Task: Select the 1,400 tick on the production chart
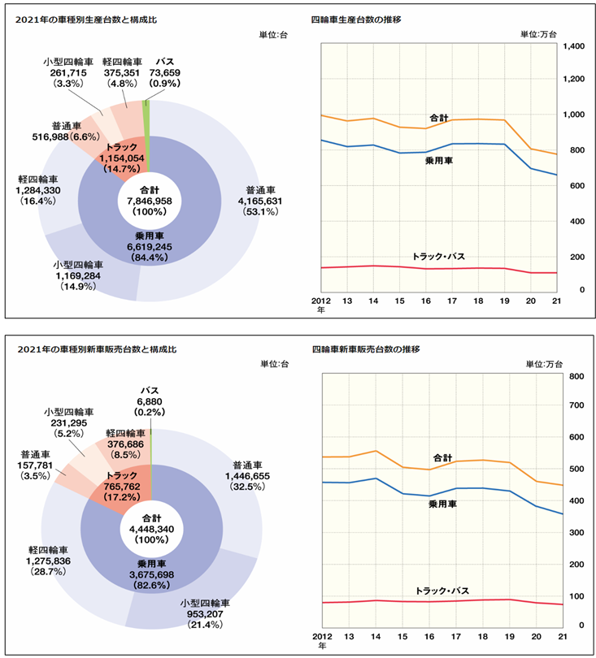[572, 47]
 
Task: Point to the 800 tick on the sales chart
[572, 377]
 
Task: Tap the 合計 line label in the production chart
[439, 119]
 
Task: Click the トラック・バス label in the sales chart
[442, 591]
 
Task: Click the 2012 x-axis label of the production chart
[321, 300]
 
